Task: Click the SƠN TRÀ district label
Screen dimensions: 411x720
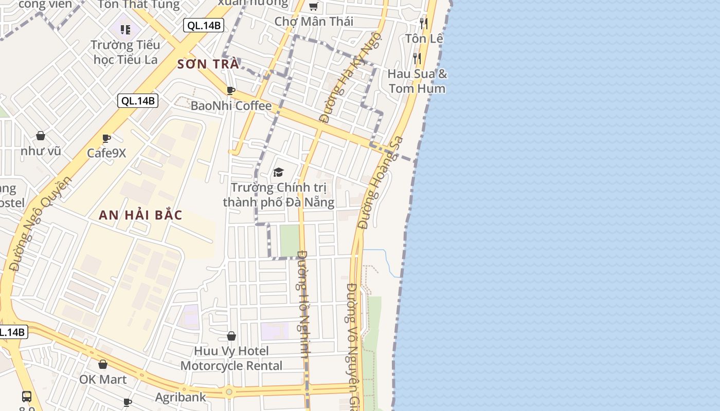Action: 208,64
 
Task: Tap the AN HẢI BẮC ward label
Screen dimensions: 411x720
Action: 140,215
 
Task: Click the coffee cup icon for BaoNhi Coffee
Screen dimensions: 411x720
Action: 231,91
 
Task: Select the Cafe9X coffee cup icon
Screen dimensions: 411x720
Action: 106,138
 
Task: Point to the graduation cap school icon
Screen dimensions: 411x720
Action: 278,172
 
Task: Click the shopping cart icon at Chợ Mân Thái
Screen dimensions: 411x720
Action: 313,7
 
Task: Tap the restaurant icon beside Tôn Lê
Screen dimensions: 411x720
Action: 423,23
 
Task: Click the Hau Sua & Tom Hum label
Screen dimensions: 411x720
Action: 417,81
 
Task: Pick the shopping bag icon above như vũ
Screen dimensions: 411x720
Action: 41,136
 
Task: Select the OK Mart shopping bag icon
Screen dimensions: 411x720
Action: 103,364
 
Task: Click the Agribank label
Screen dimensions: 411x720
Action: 181,397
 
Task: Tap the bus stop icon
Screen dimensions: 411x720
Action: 27,397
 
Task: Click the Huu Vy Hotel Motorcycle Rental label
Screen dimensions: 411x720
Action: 231,359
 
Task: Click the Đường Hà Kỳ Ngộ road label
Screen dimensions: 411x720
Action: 350,77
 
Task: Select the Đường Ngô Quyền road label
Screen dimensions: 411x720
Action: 40,223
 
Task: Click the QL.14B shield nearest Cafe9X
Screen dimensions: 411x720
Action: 137,101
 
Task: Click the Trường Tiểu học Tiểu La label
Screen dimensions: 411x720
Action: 125,52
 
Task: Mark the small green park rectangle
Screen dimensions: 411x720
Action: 290,240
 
